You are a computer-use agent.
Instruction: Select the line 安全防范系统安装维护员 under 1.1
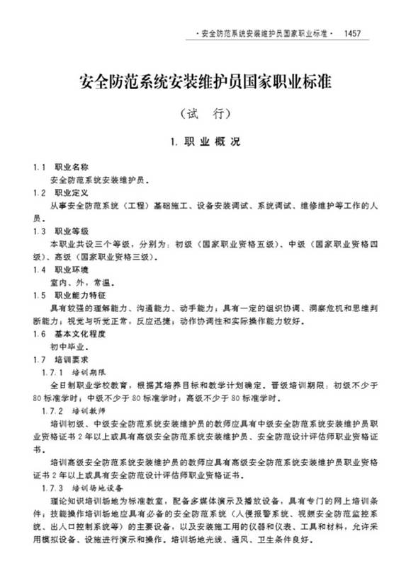click(x=100, y=180)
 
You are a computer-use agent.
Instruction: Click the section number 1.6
click(x=40, y=333)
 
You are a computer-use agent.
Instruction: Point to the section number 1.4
click(x=40, y=270)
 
